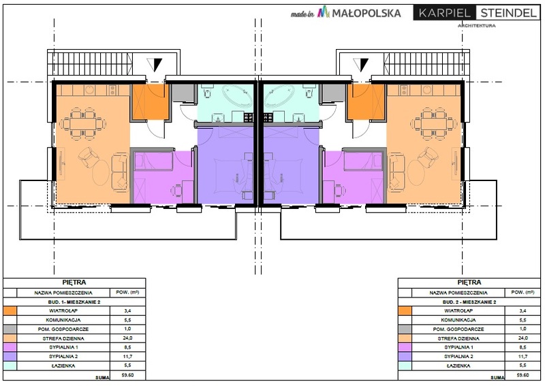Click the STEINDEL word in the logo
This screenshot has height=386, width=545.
tap(508, 13)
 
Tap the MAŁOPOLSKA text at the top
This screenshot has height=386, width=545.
tap(367, 13)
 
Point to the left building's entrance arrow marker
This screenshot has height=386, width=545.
tap(155, 64)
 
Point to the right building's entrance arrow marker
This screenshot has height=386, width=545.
tap(361, 64)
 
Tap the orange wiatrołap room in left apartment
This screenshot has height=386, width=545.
tap(149, 103)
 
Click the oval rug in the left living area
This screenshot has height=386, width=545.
tap(100, 173)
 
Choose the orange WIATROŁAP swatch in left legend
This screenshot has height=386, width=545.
tap(10, 310)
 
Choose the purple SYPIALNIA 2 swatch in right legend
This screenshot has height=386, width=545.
tap(405, 357)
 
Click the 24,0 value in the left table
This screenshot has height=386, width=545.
tap(128, 338)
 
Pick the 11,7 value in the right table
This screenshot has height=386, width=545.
tap(523, 357)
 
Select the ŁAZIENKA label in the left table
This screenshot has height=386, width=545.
tap(63, 366)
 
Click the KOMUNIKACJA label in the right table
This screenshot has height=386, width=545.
tap(458, 320)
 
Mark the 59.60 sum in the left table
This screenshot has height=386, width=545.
tap(127, 375)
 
